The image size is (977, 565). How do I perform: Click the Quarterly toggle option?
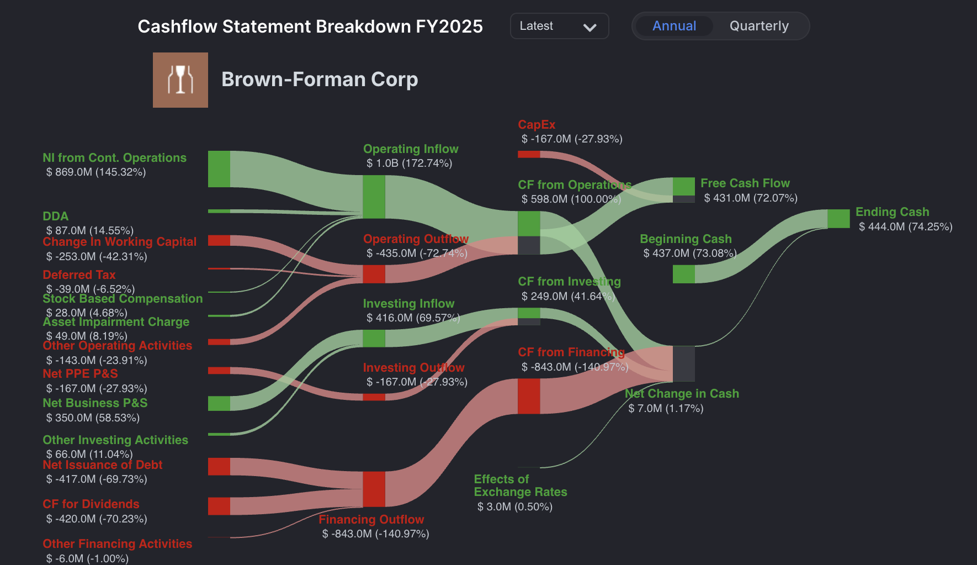coord(759,26)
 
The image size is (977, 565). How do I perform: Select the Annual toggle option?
coord(674,26)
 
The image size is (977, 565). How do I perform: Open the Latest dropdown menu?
coord(559,26)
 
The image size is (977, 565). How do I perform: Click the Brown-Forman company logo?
coord(180,80)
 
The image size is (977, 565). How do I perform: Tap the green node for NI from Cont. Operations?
coord(219,169)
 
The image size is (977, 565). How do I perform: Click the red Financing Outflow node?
coord(374,489)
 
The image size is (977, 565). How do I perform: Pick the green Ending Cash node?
coord(838,219)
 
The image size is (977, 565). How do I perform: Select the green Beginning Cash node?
coord(684,274)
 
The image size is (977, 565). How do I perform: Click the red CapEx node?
coord(529,154)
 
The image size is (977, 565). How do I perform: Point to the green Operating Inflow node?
coord(374,197)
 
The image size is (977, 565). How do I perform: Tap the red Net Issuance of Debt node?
coord(219,467)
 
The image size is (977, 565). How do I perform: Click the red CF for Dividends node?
coord(219,506)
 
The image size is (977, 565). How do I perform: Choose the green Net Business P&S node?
coord(219,403)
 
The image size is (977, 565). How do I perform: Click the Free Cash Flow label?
coord(745,183)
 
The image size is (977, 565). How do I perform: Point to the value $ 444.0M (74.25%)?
coord(905,226)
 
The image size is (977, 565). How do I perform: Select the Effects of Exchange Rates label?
coord(521,485)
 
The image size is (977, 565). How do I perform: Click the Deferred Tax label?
coord(79,275)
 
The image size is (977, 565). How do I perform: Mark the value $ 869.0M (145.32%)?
coord(96,172)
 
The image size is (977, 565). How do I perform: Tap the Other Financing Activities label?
coord(118,543)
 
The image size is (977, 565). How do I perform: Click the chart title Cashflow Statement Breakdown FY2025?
coord(310,27)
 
